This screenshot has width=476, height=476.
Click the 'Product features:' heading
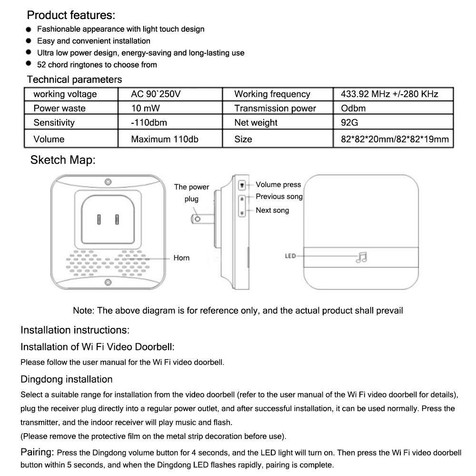(x=71, y=15)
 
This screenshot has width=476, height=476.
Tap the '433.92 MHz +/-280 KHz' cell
(x=389, y=94)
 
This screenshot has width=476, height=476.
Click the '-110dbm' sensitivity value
(x=149, y=123)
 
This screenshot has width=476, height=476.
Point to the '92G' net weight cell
(x=349, y=123)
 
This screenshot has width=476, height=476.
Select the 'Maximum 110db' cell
(x=165, y=139)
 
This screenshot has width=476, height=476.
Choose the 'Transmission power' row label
(x=275, y=109)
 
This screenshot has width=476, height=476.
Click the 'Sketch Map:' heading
(x=63, y=160)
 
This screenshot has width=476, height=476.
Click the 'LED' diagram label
(x=290, y=256)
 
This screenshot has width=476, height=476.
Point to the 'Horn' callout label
(x=181, y=258)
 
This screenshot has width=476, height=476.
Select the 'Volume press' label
(x=278, y=185)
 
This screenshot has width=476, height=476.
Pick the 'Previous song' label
(x=279, y=197)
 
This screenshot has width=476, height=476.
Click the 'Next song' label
(x=272, y=210)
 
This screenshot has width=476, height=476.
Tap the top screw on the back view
(x=109, y=182)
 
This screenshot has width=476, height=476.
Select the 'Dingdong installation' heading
(x=67, y=379)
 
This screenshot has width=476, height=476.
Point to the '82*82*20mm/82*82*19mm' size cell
(x=395, y=139)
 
